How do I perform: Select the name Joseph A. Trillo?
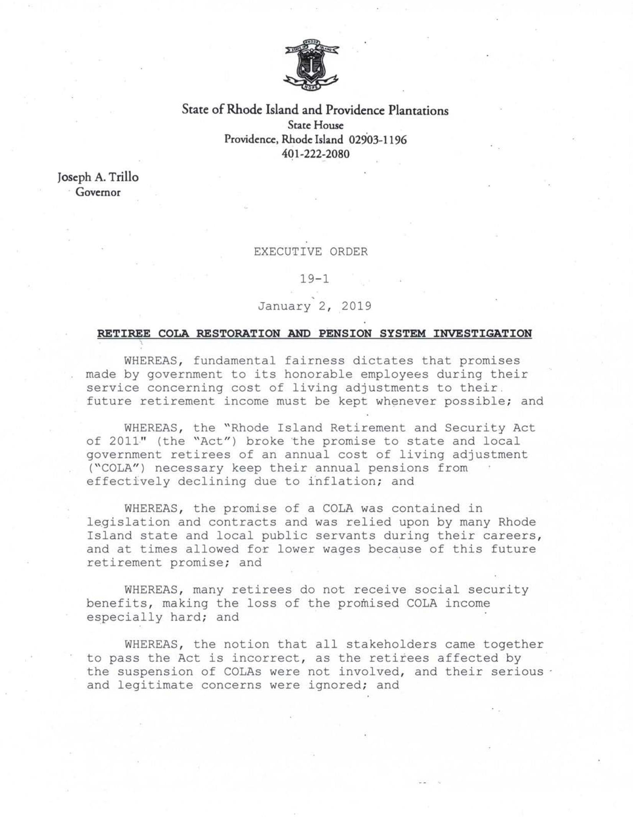(98, 177)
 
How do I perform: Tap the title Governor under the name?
(98, 192)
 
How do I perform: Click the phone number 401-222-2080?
(315, 154)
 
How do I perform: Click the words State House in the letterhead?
(315, 125)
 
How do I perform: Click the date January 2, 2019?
(314, 306)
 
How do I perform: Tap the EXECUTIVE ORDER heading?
(310, 252)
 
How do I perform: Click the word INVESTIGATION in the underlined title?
(482, 333)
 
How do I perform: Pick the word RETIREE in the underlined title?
(124, 333)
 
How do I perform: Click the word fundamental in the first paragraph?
(234, 361)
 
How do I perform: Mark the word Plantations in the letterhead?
(418, 110)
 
